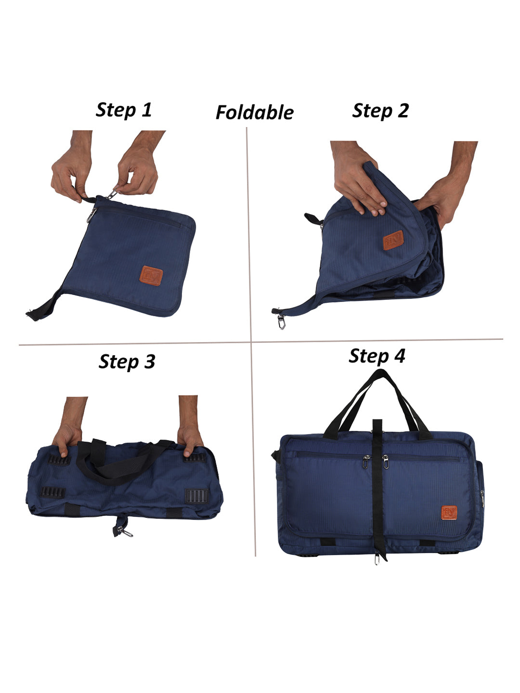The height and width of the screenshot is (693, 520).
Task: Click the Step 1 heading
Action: click(x=123, y=110)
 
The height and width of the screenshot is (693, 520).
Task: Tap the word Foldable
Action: click(x=255, y=113)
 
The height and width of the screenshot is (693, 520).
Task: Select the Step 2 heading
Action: click(x=380, y=111)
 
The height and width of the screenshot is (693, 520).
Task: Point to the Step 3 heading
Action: click(x=127, y=361)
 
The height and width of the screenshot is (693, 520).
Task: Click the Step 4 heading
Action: click(x=377, y=356)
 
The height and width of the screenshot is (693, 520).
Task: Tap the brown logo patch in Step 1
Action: click(x=151, y=276)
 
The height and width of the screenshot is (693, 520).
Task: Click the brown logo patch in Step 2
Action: click(x=393, y=240)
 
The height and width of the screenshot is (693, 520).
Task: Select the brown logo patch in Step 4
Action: click(x=449, y=513)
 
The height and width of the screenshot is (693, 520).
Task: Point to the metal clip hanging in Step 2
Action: click(x=281, y=321)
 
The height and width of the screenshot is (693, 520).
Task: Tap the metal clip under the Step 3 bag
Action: click(x=125, y=531)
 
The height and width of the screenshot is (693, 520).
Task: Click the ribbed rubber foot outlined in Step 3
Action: click(x=197, y=496)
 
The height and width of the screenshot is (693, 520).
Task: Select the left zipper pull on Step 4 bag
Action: click(x=365, y=462)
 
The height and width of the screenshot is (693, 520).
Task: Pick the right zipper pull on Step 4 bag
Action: click(x=386, y=462)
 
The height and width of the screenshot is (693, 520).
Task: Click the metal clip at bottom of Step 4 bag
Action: click(x=377, y=558)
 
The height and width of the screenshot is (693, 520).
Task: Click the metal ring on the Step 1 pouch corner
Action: click(x=91, y=215)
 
